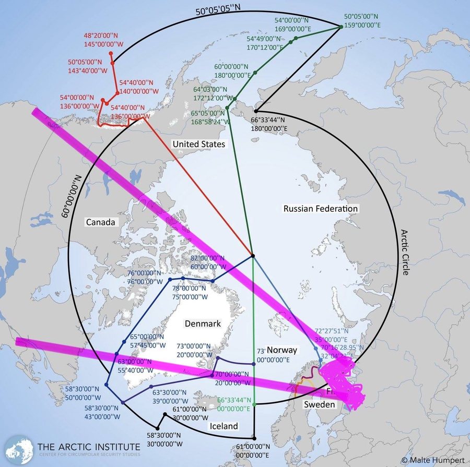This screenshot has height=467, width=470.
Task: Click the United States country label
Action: click(199, 144)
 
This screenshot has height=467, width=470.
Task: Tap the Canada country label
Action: click(100, 222)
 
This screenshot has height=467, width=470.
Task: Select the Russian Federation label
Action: click(321, 209)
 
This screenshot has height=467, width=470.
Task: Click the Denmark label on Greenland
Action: click(203, 324)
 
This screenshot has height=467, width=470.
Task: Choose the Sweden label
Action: click(320, 404)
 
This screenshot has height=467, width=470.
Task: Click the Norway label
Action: click(282, 350)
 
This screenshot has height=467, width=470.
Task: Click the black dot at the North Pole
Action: click(253, 256)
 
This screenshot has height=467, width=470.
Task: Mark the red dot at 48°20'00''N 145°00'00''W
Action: click(111, 53)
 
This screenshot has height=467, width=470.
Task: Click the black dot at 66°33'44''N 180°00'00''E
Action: click(256, 111)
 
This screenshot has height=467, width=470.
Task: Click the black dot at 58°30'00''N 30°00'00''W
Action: click(158, 429)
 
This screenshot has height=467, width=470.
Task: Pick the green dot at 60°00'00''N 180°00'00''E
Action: click(255, 72)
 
